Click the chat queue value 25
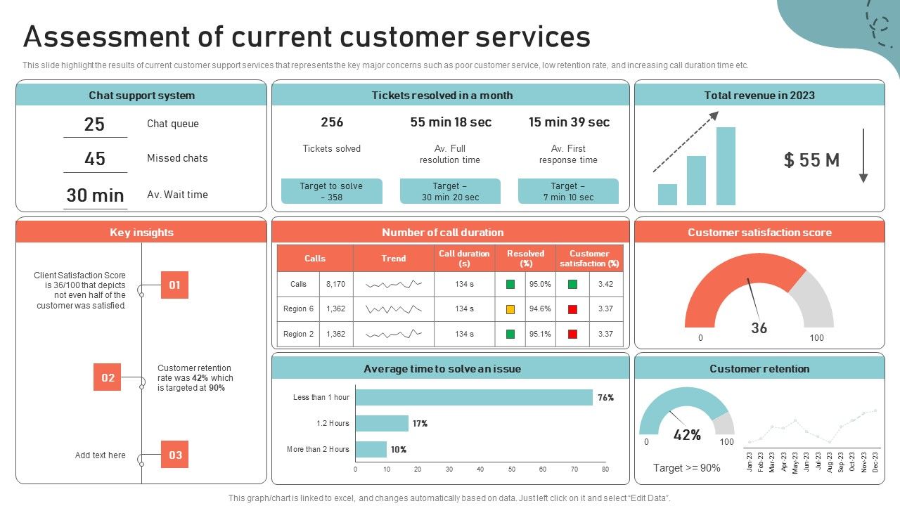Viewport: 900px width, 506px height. [x=94, y=124]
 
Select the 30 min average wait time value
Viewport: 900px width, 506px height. [x=95, y=195]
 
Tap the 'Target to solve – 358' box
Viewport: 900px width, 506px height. [x=331, y=191]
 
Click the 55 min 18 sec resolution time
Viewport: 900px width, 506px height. [x=451, y=122]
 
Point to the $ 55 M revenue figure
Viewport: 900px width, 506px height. [x=811, y=160]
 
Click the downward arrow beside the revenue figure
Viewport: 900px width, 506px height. [x=863, y=156]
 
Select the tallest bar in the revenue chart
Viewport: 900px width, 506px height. [x=726, y=166]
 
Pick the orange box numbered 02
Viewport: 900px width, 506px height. [x=108, y=377]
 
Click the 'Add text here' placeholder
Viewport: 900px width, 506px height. [x=101, y=455]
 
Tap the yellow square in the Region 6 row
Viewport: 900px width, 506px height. [x=510, y=309]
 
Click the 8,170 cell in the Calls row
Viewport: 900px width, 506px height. [x=335, y=285]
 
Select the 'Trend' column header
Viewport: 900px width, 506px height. [x=394, y=259]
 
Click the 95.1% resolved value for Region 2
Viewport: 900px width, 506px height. [x=540, y=335]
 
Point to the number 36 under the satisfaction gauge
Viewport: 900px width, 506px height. [x=759, y=328]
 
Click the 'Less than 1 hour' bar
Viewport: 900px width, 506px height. [x=474, y=398]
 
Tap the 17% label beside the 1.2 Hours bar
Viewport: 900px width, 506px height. [x=420, y=424]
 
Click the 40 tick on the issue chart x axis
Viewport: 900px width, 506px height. [x=480, y=469]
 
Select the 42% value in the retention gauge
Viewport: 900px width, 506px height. [x=687, y=435]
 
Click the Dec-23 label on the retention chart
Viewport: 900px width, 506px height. [x=875, y=462]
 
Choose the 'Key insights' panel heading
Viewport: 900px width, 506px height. [x=141, y=233]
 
